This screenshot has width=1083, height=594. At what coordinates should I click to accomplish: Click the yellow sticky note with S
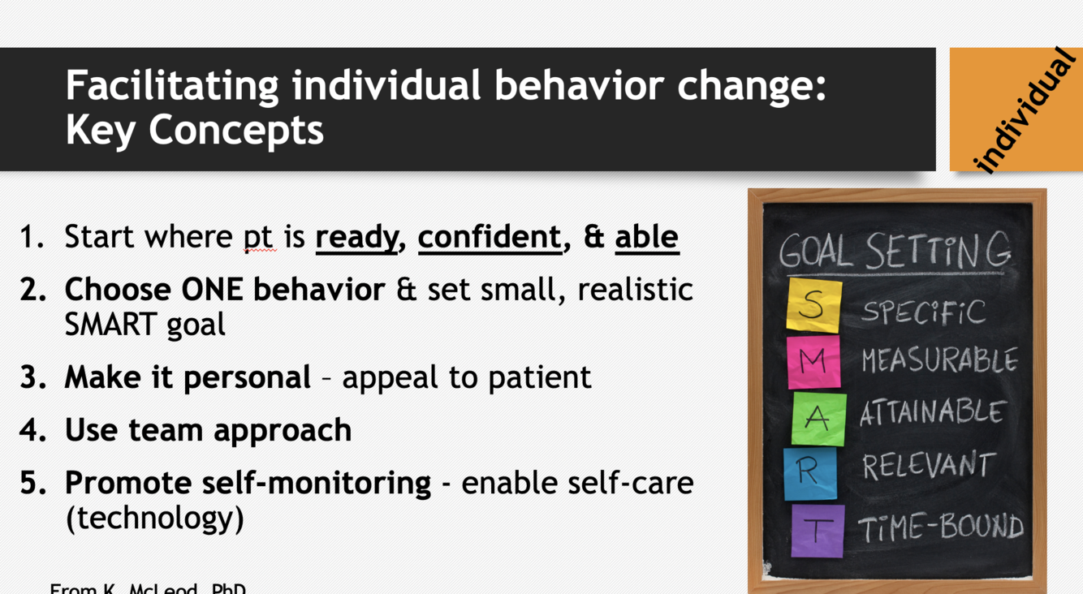(814, 305)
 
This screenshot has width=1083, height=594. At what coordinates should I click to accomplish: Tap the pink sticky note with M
(813, 363)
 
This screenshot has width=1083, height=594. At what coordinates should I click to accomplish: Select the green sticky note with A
(818, 419)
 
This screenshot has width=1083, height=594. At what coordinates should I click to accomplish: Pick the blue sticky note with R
(810, 474)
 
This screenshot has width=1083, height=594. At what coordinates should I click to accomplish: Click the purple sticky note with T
(818, 531)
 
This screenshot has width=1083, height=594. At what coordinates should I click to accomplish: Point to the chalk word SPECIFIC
(923, 312)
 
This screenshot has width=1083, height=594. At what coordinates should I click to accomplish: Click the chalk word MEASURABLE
(940, 360)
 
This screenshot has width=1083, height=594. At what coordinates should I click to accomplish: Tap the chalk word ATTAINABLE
(933, 412)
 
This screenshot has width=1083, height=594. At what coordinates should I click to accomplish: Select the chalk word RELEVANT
(930, 465)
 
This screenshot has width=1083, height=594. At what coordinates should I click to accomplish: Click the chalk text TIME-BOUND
(941, 527)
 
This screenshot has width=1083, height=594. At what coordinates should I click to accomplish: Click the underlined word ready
(357, 239)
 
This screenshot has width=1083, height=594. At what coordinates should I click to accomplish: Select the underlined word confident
(490, 237)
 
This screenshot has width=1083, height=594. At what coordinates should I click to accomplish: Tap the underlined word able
(647, 237)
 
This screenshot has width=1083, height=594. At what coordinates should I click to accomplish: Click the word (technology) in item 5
(155, 518)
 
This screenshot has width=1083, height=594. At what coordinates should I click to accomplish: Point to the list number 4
(32, 429)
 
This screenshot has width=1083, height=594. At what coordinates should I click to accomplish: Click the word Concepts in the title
(236, 131)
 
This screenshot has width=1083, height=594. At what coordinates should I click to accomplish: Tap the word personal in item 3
(248, 378)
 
